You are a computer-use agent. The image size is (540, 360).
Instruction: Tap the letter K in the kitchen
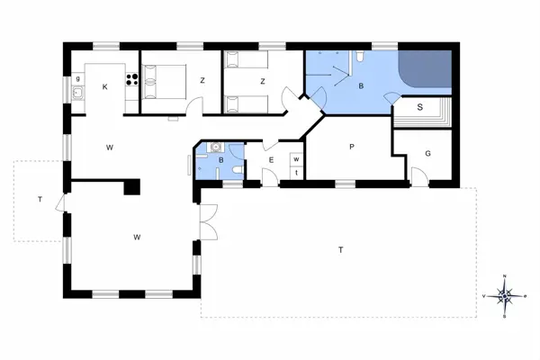point(105,86)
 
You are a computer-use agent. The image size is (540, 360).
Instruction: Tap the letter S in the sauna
point(420,107)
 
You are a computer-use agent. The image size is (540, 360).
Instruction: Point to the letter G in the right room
point(428,154)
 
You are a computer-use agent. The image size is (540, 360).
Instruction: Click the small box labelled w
point(295,159)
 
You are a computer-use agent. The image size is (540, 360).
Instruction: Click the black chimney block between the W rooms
point(132,186)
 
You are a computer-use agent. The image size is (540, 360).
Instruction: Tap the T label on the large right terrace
point(340,248)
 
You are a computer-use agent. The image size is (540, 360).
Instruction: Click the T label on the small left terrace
point(40,198)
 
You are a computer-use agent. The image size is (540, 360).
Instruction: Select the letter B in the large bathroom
point(360,86)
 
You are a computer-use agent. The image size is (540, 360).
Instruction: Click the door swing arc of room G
point(417,173)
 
